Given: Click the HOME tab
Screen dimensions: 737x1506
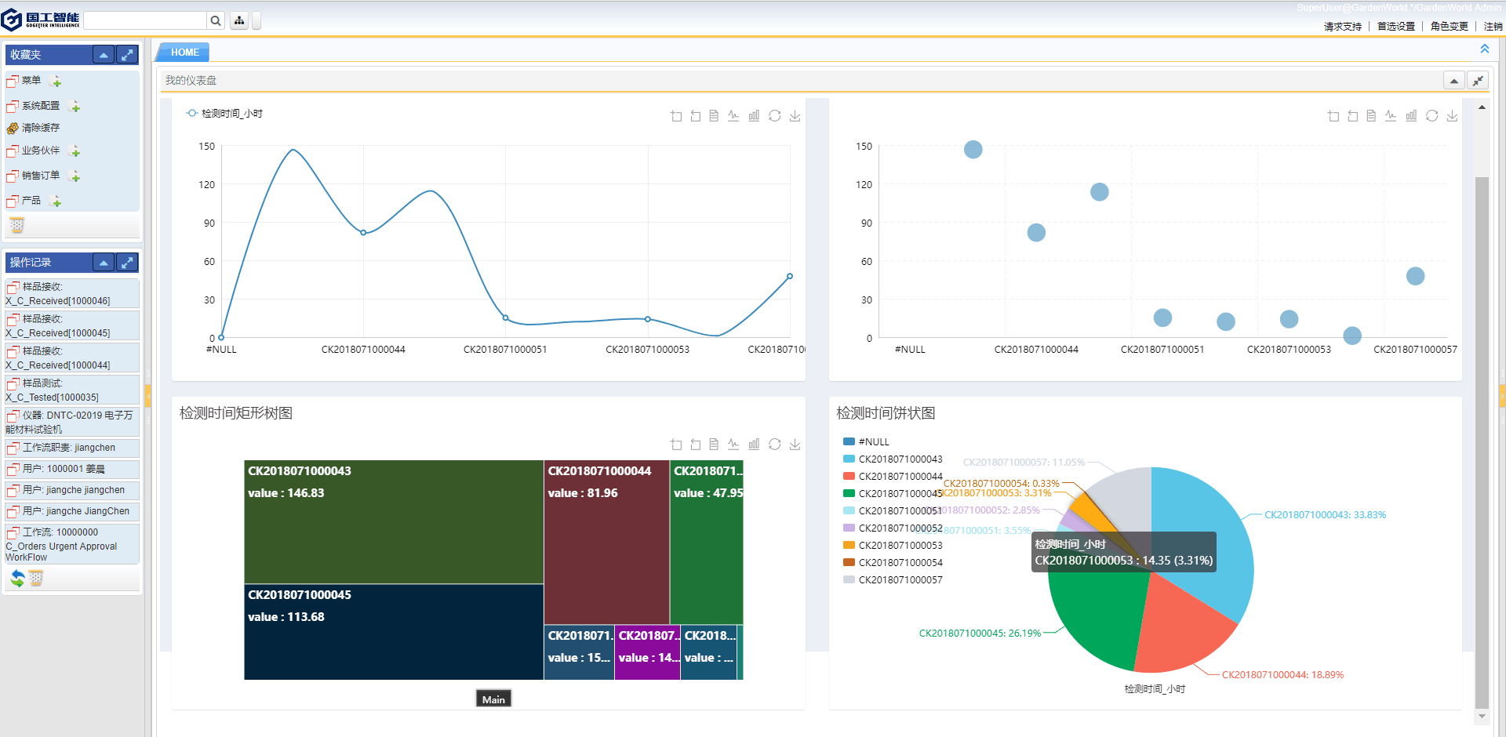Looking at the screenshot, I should pos(184,53).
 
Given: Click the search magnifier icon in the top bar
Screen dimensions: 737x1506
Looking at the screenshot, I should pos(216,20).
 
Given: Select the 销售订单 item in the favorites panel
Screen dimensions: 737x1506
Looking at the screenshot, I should pos(40,176).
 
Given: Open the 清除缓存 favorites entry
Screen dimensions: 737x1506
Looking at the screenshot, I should pos(40,128).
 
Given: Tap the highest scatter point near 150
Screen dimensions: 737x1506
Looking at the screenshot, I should pos(973,150).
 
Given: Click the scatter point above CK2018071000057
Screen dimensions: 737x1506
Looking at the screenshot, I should pos(1415,276).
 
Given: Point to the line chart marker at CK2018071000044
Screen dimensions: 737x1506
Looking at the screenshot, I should pos(363,233).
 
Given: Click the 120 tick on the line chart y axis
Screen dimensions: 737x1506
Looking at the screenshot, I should pos(206,185).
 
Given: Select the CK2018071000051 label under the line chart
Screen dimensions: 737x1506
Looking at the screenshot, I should pos(505,350).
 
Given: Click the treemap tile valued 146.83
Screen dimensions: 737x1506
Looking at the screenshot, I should pos(393,522).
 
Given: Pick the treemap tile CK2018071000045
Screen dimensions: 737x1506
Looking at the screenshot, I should pos(393,632).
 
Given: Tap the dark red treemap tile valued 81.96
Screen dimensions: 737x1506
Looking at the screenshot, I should pos(606,542).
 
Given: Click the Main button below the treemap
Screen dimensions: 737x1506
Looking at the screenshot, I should pos(493,699).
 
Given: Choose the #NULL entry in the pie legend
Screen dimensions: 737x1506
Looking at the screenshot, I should pos(873,442).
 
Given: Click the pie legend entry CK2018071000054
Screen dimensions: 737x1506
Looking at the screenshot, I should pos(900,563).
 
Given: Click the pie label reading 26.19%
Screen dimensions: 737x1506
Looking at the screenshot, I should pos(980,634).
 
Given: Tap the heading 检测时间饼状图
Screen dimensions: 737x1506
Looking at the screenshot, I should pos(886,413).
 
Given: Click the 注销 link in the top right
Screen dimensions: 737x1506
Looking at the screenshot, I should pos(1493,27).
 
